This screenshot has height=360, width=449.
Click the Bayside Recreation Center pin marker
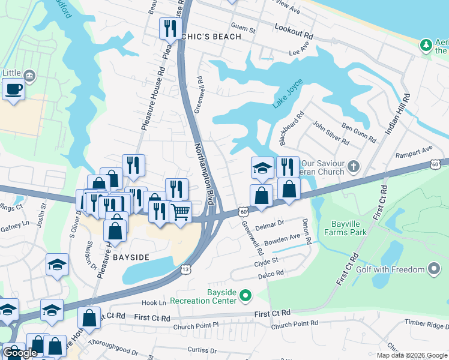pyautogui.click(x=245, y=295)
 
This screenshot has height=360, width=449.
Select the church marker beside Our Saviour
pyautogui.click(x=354, y=166)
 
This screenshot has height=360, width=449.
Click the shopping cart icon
pyautogui.click(x=180, y=211)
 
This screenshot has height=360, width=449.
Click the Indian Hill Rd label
pyautogui.click(x=399, y=114)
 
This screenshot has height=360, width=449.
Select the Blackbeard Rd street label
pyautogui.click(x=292, y=128)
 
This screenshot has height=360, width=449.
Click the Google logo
pyautogui.click(x=20, y=353)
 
